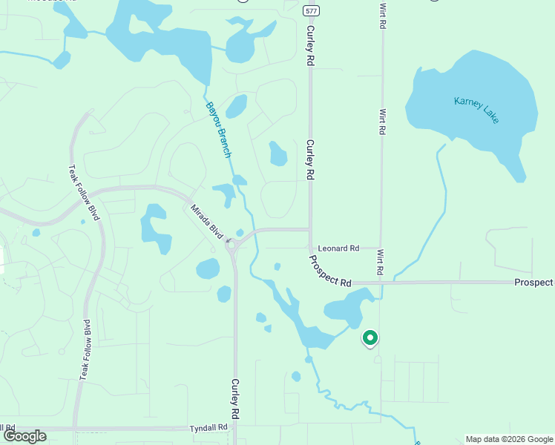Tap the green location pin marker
[370, 338]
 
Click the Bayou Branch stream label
[219, 129]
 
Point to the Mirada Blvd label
[207, 221]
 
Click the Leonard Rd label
[338, 248]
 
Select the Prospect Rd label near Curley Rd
[330, 271]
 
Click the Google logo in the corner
[24, 436]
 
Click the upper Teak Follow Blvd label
[84, 192]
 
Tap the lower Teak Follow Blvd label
[86, 350]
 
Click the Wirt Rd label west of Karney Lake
[383, 122]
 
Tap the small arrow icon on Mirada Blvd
[228, 240]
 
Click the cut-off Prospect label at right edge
[534, 283]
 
